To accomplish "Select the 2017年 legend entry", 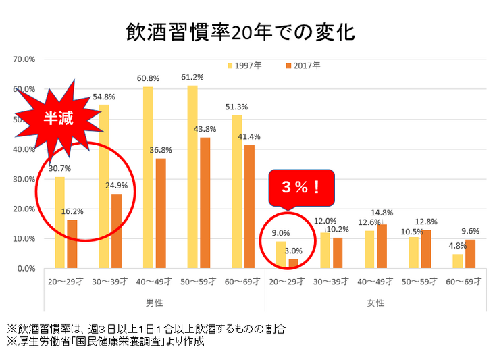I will coord(302,66).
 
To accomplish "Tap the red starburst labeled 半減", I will coord(58,116).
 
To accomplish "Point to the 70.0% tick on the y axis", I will coord(24,59).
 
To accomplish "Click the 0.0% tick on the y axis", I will coord(26,268).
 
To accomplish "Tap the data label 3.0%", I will coord(295,251).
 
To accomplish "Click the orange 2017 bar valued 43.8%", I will coord(205,203).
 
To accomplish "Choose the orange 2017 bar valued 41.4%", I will coord(248,207).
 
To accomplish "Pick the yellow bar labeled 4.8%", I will coord(458,261).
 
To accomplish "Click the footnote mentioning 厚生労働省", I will coord(105,341).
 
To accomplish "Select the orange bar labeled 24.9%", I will coord(116,231).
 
